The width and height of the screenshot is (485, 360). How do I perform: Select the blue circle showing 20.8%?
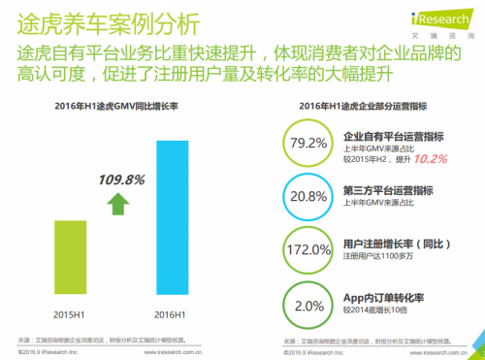[x=309, y=196]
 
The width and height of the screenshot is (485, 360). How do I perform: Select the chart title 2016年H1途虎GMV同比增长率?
[x=114, y=108]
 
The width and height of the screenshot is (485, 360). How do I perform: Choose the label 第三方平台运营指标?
[x=386, y=190]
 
